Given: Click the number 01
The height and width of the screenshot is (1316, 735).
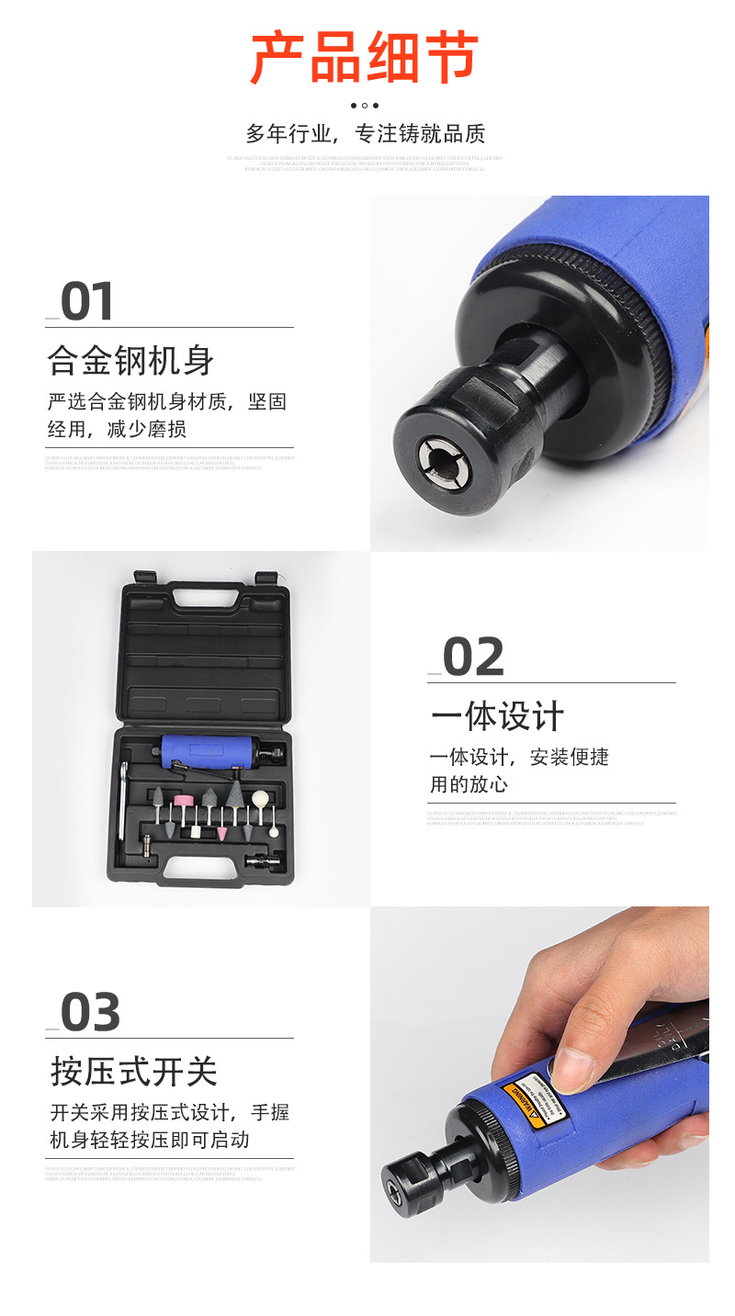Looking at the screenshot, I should click(x=87, y=302).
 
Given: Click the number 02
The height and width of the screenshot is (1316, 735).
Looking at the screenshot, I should click(x=473, y=658).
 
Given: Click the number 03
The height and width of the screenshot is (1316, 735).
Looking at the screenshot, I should click(x=90, y=1013).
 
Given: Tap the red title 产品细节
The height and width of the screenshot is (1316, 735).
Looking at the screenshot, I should click(x=365, y=57).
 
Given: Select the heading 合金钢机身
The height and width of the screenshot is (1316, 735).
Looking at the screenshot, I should click(x=130, y=360).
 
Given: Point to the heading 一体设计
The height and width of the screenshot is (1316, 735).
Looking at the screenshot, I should click(x=497, y=716).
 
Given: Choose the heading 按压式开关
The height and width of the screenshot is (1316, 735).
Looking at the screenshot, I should click(x=134, y=1072).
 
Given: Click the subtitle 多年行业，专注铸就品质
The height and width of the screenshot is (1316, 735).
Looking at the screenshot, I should click(x=365, y=133).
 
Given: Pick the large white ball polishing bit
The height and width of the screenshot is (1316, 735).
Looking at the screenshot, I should click(x=261, y=798).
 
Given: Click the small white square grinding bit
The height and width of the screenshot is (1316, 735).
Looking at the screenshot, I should click(x=195, y=832).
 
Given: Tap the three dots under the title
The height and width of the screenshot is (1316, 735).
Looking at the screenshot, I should click(x=365, y=106).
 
